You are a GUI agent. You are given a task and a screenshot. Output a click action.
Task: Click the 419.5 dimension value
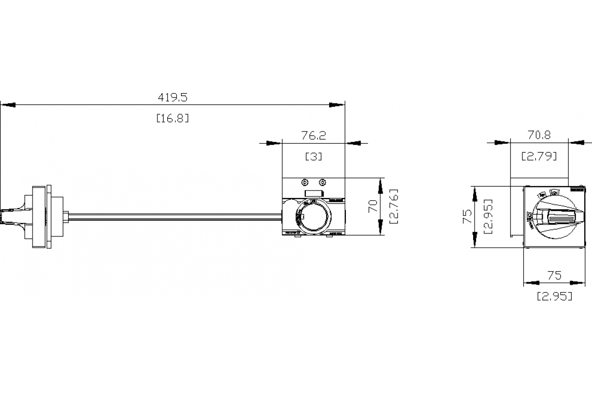172,98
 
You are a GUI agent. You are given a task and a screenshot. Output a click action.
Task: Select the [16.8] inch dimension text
172,118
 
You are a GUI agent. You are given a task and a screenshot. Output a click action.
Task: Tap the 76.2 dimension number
313,135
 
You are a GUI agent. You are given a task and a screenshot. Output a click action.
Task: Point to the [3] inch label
313,157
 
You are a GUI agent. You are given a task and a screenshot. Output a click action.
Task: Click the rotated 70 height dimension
373,205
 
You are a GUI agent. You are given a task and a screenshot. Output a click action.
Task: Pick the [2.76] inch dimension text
395,206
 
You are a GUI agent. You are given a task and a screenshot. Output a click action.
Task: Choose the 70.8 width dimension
539,134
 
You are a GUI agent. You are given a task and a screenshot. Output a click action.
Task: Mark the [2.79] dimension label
539,157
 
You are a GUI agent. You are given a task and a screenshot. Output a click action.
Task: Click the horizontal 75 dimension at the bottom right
555,275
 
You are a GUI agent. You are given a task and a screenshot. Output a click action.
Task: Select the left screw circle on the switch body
304,182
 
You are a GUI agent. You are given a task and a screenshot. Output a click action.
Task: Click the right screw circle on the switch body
322,182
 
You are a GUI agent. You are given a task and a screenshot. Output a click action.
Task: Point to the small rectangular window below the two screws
313,194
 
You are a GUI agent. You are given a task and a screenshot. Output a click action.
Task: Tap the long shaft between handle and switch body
173,216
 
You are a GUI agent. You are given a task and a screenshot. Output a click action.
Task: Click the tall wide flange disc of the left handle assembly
37,216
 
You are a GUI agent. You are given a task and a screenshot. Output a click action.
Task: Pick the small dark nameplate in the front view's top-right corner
576,189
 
